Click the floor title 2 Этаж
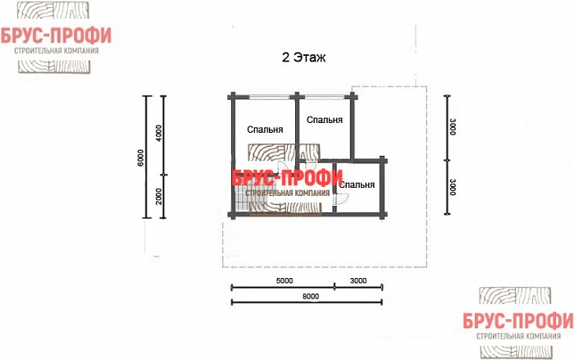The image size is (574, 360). point(303,57)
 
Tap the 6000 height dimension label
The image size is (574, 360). point(142,157)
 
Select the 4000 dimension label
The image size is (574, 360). point(158,134)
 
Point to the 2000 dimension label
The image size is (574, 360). point(158,198)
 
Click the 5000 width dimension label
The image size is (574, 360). point(285,281)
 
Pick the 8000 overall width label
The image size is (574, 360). point(311,296)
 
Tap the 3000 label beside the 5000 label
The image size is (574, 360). point(358,281)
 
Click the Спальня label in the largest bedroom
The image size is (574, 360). point(265,130)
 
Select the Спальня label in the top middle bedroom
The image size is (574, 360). point(325,120)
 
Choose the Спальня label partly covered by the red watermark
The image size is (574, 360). point(358,185)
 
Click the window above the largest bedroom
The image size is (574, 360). point(270,97)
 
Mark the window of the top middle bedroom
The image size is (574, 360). point(325,97)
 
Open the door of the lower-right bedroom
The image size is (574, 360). point(339,199)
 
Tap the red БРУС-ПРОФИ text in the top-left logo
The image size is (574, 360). point(56,36)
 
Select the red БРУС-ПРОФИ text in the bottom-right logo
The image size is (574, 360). point(518,321)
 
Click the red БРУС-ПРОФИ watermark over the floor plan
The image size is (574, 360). point(287,178)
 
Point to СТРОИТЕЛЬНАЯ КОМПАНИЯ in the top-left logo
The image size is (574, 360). point(57,51)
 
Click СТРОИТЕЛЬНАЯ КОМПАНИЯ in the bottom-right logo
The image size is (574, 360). point(518,336)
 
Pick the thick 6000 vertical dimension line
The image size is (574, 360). point(147,157)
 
